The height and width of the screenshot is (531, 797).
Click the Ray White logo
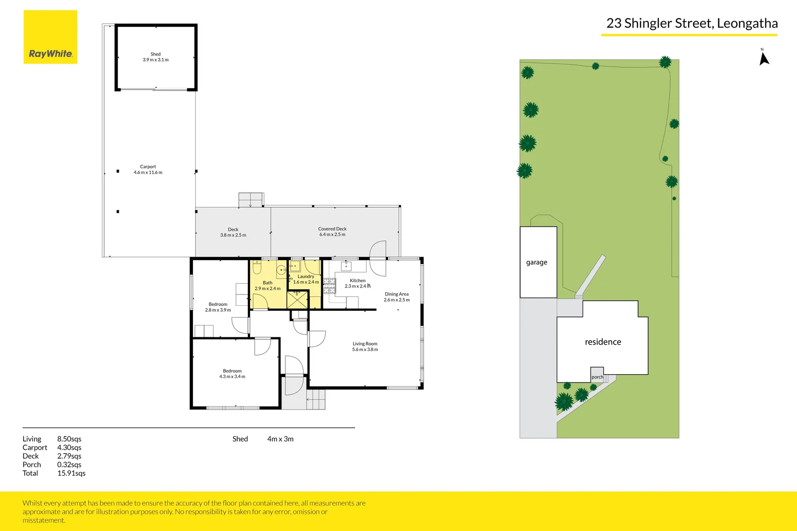coord(50,37)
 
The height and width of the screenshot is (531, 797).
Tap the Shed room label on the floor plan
coord(155,57)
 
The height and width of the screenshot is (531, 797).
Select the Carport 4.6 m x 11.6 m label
coord(148,170)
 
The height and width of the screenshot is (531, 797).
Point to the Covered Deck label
coord(332,232)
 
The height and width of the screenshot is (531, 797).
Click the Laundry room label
coord(306,279)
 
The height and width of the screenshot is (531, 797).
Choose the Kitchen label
coord(357,283)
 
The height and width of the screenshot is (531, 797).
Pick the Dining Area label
coord(397,297)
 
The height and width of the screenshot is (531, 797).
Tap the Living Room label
coord(365,347)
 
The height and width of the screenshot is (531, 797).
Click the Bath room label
coord(267,286)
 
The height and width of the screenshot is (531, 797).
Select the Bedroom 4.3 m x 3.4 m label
coord(232,374)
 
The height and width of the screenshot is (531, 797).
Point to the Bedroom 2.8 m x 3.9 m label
coord(218,307)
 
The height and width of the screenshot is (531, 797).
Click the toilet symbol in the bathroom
coord(257,268)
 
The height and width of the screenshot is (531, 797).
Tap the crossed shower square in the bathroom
coord(297,300)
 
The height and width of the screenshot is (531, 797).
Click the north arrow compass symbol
coord(764,58)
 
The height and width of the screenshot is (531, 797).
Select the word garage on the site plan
coord(536,263)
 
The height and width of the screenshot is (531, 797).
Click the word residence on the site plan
coord(603,342)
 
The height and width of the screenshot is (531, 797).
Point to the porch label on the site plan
coord(597,377)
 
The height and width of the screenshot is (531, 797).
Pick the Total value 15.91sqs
coord(71,473)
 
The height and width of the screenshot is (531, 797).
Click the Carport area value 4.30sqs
coord(69,447)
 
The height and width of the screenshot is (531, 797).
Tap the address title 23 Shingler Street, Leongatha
coord(692,24)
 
